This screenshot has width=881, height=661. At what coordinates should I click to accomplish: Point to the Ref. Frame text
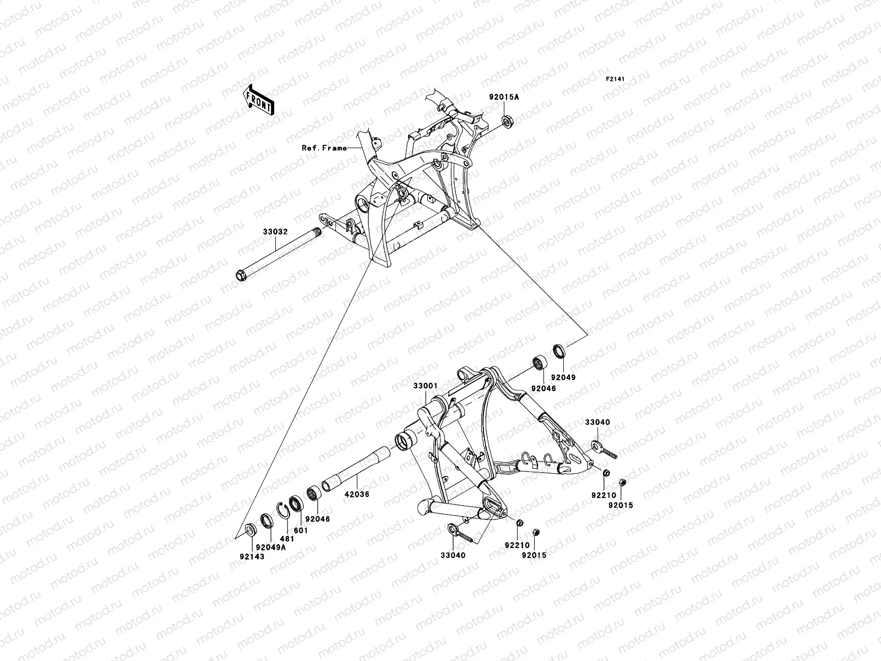click(324, 148)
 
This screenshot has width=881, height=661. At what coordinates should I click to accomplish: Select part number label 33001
click(425, 387)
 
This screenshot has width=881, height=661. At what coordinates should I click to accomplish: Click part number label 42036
click(358, 495)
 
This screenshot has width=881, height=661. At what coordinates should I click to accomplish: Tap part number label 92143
click(252, 557)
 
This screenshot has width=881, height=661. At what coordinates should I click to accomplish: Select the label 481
click(287, 539)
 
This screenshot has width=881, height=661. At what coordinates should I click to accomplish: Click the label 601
click(301, 530)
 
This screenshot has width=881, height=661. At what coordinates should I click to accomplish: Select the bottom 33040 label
click(453, 555)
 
